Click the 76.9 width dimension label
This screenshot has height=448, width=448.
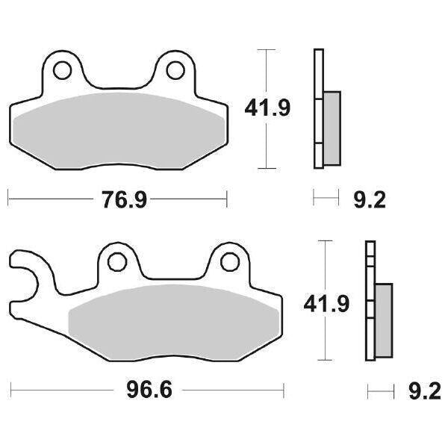(117, 200)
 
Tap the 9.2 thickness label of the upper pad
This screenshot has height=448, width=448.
(369, 199)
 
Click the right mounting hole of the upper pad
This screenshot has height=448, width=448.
(175, 70)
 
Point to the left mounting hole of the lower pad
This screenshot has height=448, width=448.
(116, 262)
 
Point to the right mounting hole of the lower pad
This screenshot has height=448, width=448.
(231, 262)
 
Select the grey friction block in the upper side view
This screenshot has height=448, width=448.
(332, 128)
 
